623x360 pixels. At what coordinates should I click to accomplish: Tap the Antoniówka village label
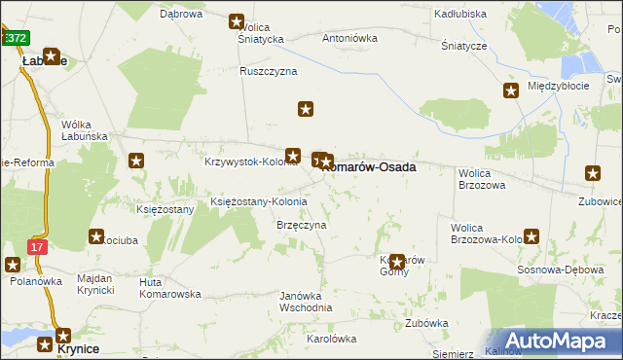[x=349, y=39]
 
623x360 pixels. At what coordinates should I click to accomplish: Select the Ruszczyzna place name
[x=269, y=71]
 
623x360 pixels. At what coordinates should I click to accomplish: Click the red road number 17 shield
[x=36, y=247]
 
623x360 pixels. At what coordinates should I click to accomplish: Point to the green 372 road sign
[x=14, y=37]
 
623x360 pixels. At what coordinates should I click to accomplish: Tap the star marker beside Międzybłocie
[x=511, y=91]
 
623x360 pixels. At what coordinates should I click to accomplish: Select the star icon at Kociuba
[x=97, y=235]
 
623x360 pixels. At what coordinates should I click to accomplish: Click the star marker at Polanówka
[x=13, y=264]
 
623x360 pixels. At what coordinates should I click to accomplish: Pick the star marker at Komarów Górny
[x=396, y=261]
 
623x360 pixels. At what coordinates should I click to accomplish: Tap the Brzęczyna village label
[x=301, y=225]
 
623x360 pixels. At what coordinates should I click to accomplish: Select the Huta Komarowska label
[x=170, y=294]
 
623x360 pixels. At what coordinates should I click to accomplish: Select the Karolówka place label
[x=332, y=339]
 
